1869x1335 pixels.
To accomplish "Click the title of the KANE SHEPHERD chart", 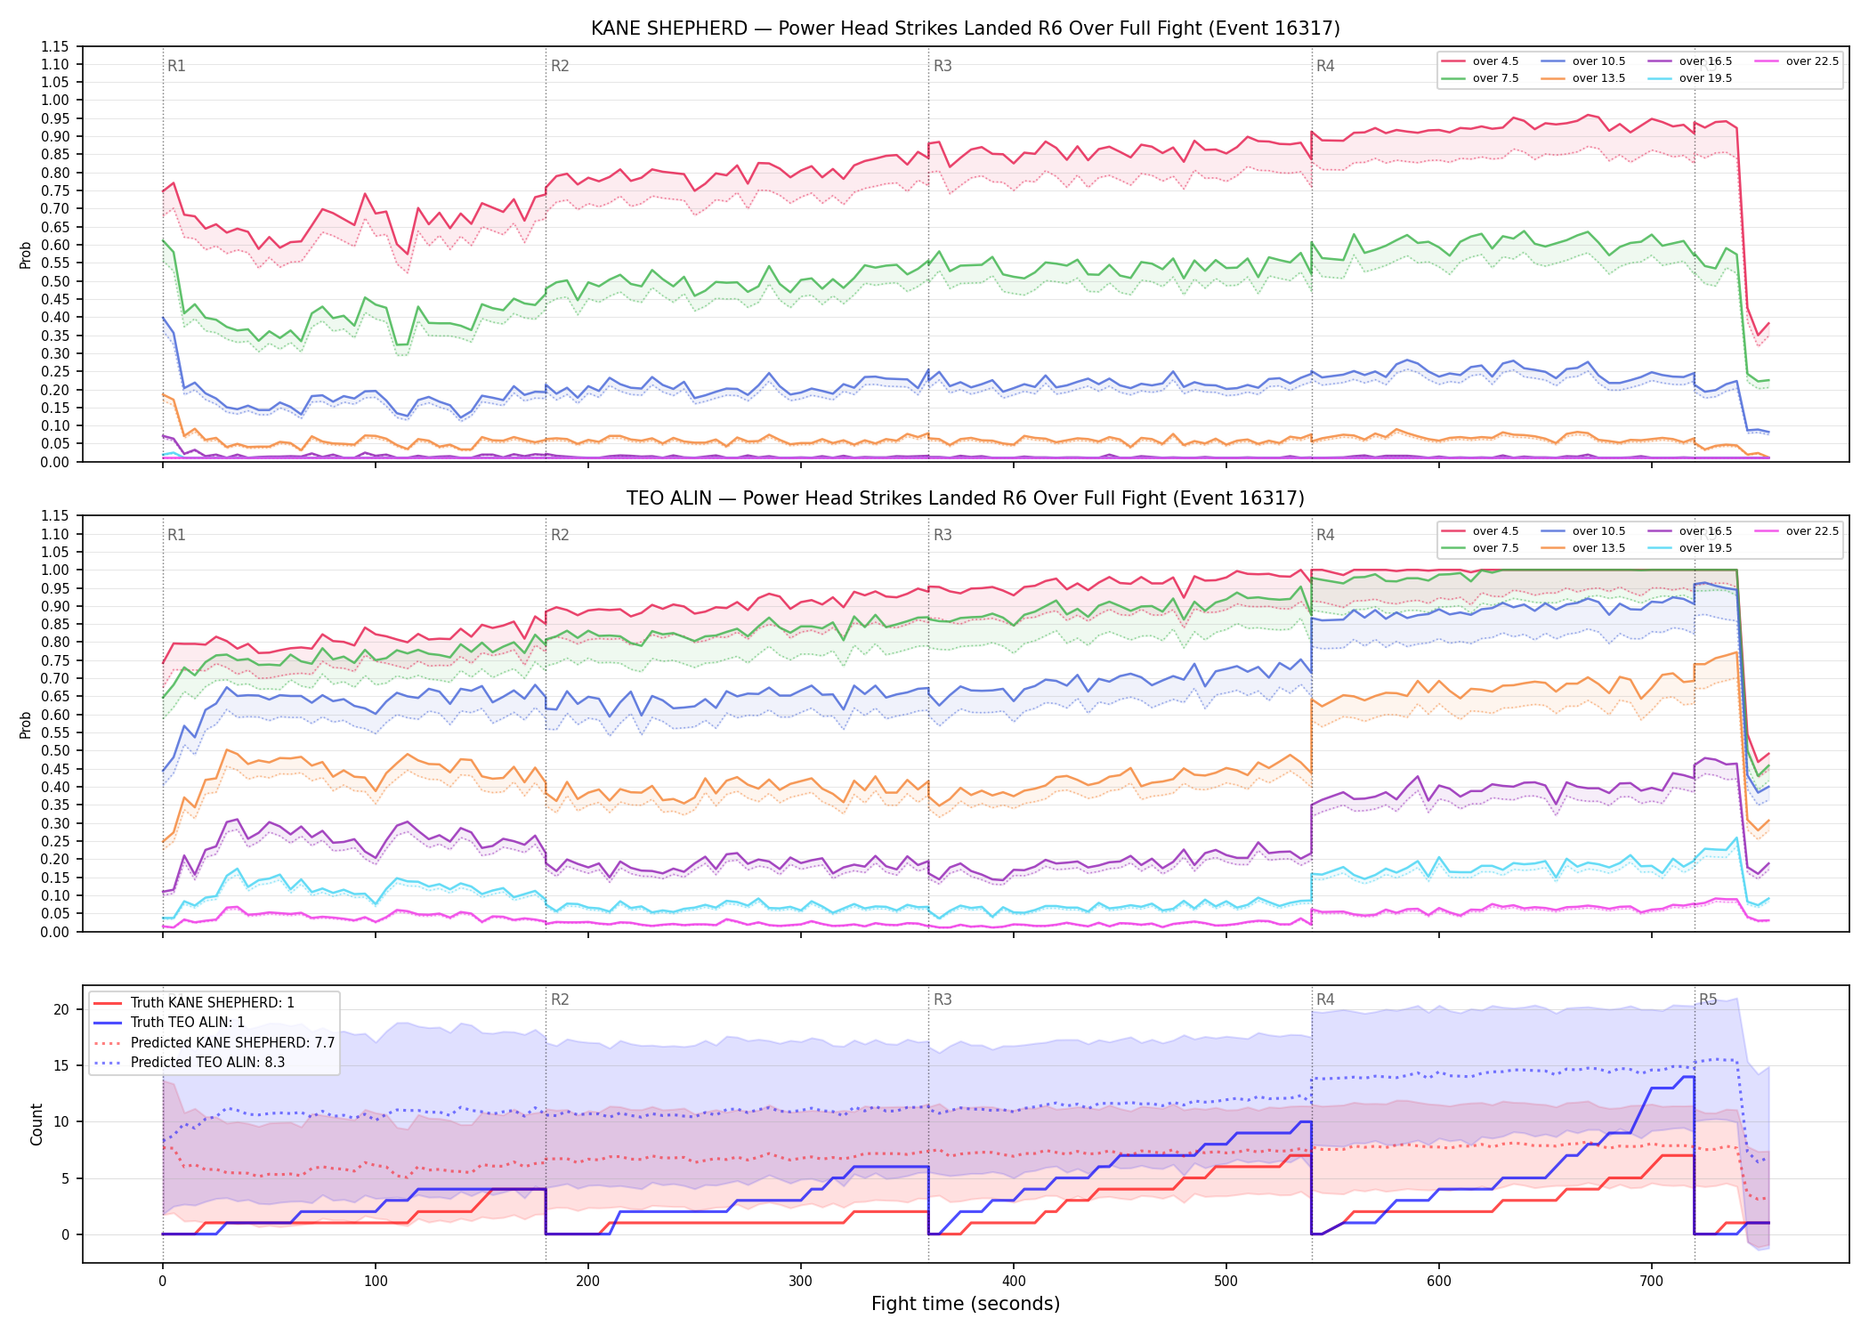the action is point(966,28).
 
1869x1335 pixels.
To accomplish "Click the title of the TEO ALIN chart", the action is point(966,498).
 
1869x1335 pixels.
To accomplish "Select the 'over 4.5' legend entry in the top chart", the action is point(1481,61).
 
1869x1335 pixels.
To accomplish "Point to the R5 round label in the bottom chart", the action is point(1708,999).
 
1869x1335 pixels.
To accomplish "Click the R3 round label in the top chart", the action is point(943,66).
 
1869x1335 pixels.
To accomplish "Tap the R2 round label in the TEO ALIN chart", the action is point(560,535).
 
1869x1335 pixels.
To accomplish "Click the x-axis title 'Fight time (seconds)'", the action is point(966,1304).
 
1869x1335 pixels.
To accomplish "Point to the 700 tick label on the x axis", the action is point(1652,1282).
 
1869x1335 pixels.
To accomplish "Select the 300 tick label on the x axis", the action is point(801,1282).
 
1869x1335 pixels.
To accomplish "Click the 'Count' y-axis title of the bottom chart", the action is point(36,1124).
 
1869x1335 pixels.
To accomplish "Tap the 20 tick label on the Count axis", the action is point(61,1009).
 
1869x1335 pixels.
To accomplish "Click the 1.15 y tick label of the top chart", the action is point(54,46).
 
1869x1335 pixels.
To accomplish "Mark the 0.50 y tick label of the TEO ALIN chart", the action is point(54,751).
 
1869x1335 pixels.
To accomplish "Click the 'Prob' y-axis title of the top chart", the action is point(26,255).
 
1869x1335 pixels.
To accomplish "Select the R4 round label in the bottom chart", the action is point(1325,999).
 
